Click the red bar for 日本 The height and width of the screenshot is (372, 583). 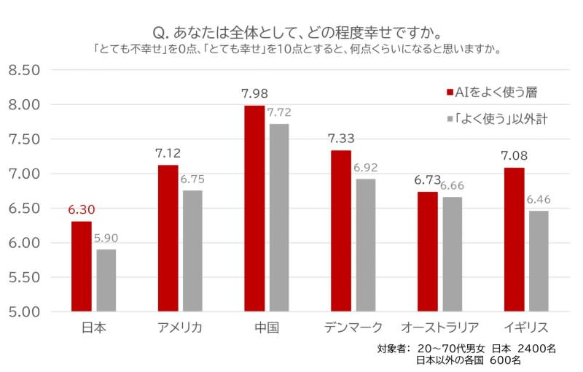(x=81, y=266)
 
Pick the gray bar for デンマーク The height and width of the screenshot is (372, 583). (x=365, y=245)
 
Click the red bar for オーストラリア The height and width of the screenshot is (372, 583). (x=427, y=252)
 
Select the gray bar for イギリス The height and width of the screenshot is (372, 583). (x=538, y=261)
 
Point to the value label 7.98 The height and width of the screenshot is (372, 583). (x=254, y=93)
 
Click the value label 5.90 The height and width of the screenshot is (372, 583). (x=106, y=239)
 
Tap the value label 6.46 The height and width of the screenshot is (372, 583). (x=538, y=199)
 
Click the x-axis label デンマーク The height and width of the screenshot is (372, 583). (x=353, y=327)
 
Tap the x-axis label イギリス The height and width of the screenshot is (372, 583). (x=525, y=327)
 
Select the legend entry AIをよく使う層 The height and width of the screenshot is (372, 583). (x=496, y=92)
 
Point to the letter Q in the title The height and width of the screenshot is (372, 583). (x=158, y=34)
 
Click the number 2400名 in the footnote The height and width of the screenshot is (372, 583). (x=535, y=348)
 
